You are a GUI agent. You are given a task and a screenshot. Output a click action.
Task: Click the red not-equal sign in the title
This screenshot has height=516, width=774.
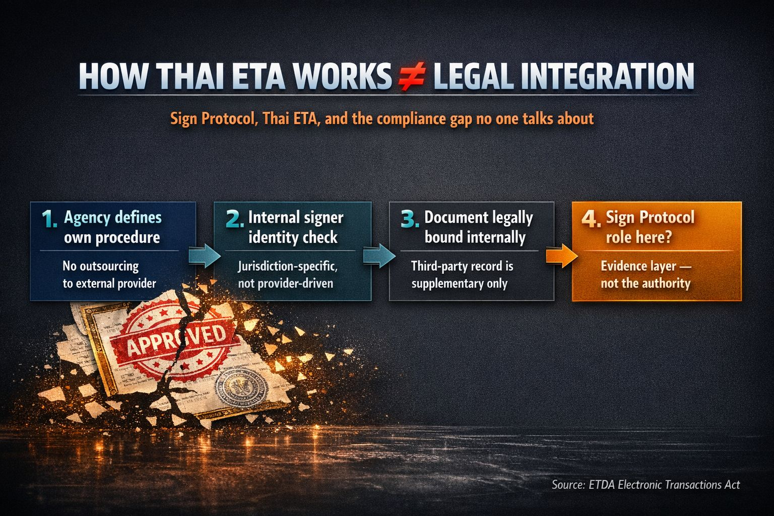tap(412, 77)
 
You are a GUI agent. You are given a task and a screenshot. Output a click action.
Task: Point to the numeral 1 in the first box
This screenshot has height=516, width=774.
tap(49, 219)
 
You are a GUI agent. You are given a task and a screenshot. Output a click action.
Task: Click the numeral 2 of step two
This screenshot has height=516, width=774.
tap(234, 219)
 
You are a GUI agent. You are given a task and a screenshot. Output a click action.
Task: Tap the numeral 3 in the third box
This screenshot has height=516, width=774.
tap(410, 219)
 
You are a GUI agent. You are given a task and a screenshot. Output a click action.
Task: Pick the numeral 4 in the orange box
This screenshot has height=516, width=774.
tap(591, 219)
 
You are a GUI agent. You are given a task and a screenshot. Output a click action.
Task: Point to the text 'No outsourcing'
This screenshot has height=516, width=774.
tap(100, 266)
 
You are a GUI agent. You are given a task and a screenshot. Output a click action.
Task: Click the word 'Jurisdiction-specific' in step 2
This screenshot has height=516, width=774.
tap(287, 266)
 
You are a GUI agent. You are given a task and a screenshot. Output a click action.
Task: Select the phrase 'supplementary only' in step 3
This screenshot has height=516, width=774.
tap(459, 283)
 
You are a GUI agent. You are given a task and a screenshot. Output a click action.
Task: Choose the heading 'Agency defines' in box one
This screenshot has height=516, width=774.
tap(113, 218)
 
